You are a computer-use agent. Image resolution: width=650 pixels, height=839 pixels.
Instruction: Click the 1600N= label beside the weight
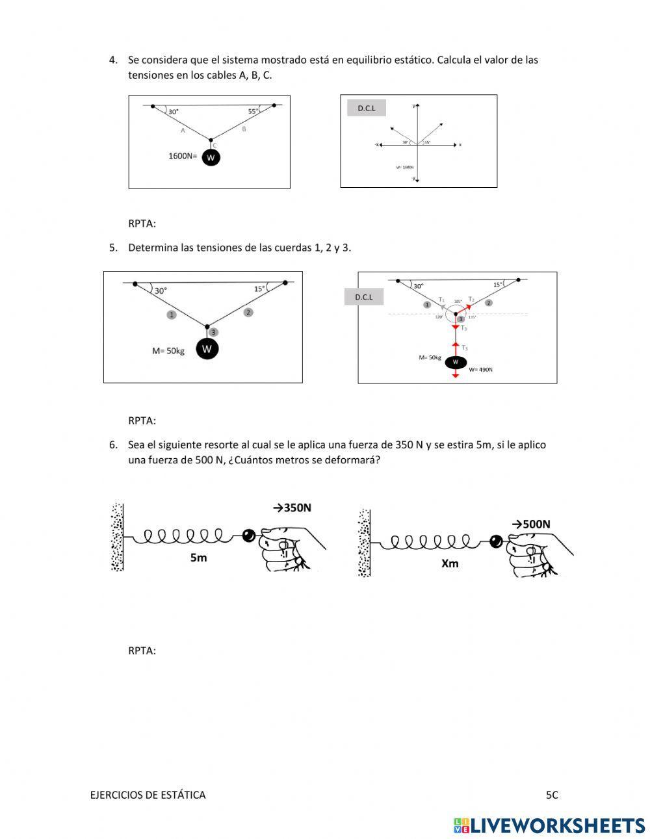183,156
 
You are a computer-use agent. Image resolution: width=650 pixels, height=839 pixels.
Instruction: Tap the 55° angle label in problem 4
253,111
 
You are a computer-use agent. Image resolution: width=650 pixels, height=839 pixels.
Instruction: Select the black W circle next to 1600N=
211,157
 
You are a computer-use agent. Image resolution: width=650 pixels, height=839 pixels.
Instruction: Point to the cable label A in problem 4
183,131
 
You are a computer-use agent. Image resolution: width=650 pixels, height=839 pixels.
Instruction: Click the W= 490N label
481,369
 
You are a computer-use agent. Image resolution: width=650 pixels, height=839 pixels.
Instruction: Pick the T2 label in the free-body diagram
471,299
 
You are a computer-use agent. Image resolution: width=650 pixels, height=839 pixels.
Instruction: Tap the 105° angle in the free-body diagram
458,302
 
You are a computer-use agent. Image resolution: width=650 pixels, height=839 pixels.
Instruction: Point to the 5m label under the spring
198,558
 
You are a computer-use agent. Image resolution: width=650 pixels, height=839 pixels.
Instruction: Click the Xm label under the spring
450,563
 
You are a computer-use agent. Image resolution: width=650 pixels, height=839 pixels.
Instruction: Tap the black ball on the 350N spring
248,536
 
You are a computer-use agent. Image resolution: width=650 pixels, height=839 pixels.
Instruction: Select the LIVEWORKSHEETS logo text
558,825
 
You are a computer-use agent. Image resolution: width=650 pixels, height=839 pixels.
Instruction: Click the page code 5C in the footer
552,794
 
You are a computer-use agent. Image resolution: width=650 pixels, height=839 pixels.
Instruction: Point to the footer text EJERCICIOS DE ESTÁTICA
148,794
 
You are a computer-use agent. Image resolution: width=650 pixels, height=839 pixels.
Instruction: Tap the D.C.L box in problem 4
367,108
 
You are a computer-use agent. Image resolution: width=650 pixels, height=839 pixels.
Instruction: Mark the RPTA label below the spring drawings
142,651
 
